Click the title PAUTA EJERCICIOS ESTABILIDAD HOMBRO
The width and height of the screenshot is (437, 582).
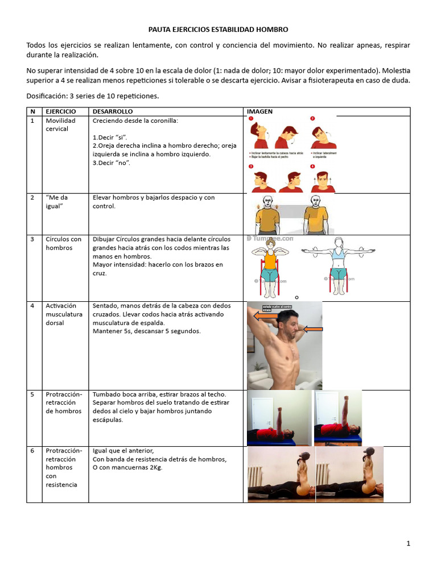(218, 29)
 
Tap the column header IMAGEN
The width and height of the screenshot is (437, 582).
(259, 111)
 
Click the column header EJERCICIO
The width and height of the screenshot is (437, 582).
(61, 111)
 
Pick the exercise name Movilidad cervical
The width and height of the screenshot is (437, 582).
(57, 124)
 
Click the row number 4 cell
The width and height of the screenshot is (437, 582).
(34, 306)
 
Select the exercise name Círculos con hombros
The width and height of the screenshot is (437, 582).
(64, 243)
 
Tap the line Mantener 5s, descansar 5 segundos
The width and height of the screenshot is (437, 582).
(147, 331)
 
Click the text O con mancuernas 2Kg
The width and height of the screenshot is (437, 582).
(127, 468)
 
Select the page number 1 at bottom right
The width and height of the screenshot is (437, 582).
(408, 543)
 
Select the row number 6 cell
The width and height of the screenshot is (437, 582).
(34, 450)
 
